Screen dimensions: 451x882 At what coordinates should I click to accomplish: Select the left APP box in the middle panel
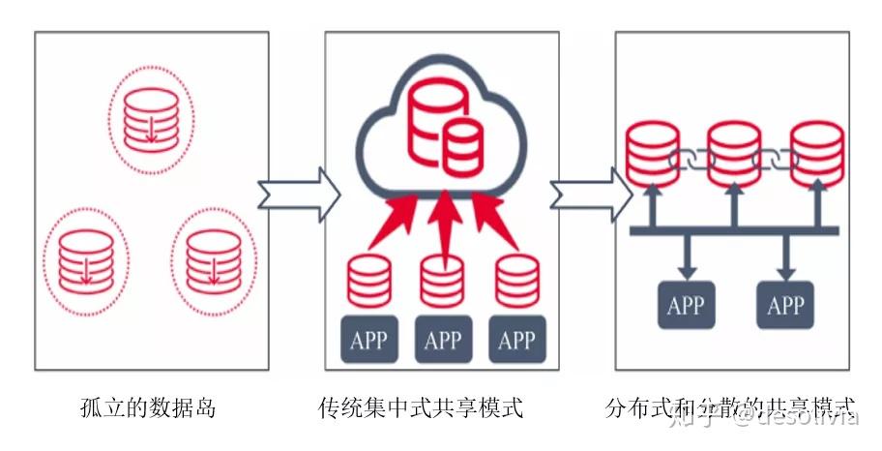click(x=368, y=340)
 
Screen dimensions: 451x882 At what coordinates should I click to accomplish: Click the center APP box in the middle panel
click(x=442, y=340)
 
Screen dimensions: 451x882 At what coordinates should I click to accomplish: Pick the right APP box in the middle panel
click(x=515, y=340)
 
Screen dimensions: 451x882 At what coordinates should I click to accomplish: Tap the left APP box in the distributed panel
click(x=687, y=305)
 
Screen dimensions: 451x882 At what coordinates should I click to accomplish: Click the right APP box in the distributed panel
click(x=784, y=305)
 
